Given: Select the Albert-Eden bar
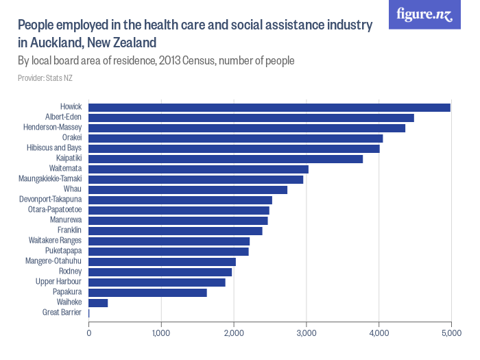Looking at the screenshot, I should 251,117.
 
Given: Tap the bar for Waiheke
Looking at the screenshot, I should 98,302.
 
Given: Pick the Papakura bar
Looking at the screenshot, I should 147,292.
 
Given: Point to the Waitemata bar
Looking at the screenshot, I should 198,169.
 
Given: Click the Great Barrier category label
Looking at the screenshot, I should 62,313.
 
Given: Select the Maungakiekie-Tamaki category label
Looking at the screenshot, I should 50,179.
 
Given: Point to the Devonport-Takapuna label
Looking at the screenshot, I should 51,200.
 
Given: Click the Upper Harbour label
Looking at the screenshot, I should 58,282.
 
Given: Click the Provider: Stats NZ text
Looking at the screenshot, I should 45,78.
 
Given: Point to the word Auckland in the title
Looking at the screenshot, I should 57,43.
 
